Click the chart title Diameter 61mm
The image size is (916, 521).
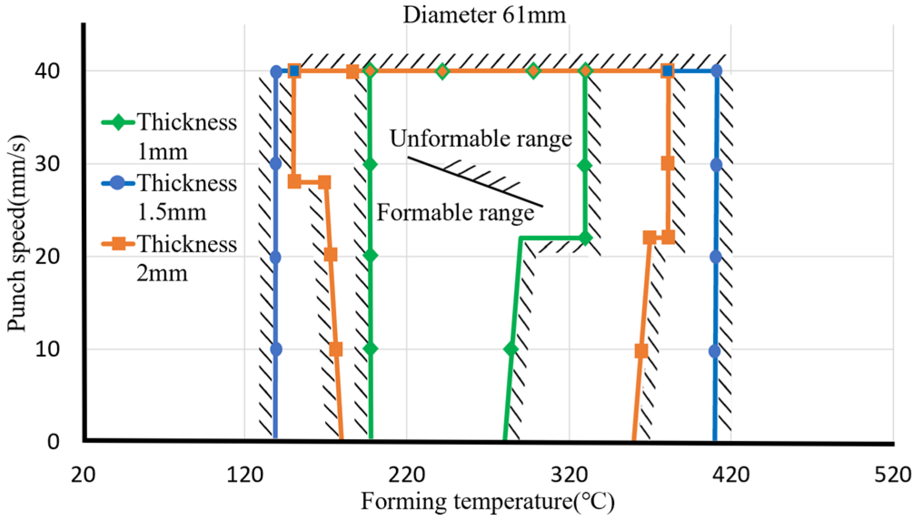coord(484,15)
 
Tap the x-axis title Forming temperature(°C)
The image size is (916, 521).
coord(487,502)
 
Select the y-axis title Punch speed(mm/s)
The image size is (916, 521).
coord(17,233)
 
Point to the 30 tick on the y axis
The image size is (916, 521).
coord(47,164)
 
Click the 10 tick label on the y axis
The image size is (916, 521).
coord(47,349)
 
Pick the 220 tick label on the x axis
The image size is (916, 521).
coord(406,475)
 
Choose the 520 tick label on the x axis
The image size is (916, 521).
coord(893,475)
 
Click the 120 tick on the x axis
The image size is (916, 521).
coord(245,475)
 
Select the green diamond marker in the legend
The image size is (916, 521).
coord(118,122)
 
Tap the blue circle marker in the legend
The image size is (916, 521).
coord(118,183)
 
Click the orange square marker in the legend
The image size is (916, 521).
coord(118,244)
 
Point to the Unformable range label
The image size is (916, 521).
coord(480,138)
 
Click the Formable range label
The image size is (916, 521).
coord(455,212)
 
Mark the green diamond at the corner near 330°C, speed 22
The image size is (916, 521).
coord(585,238)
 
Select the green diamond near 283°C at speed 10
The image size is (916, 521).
coord(511,349)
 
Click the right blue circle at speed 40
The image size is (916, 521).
coord(716,71)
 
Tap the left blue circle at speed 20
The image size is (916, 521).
coord(275,257)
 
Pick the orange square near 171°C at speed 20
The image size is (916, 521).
coord(331,255)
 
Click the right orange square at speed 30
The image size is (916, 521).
coord(668,163)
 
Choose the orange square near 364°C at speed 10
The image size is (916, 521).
coord(641,351)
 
